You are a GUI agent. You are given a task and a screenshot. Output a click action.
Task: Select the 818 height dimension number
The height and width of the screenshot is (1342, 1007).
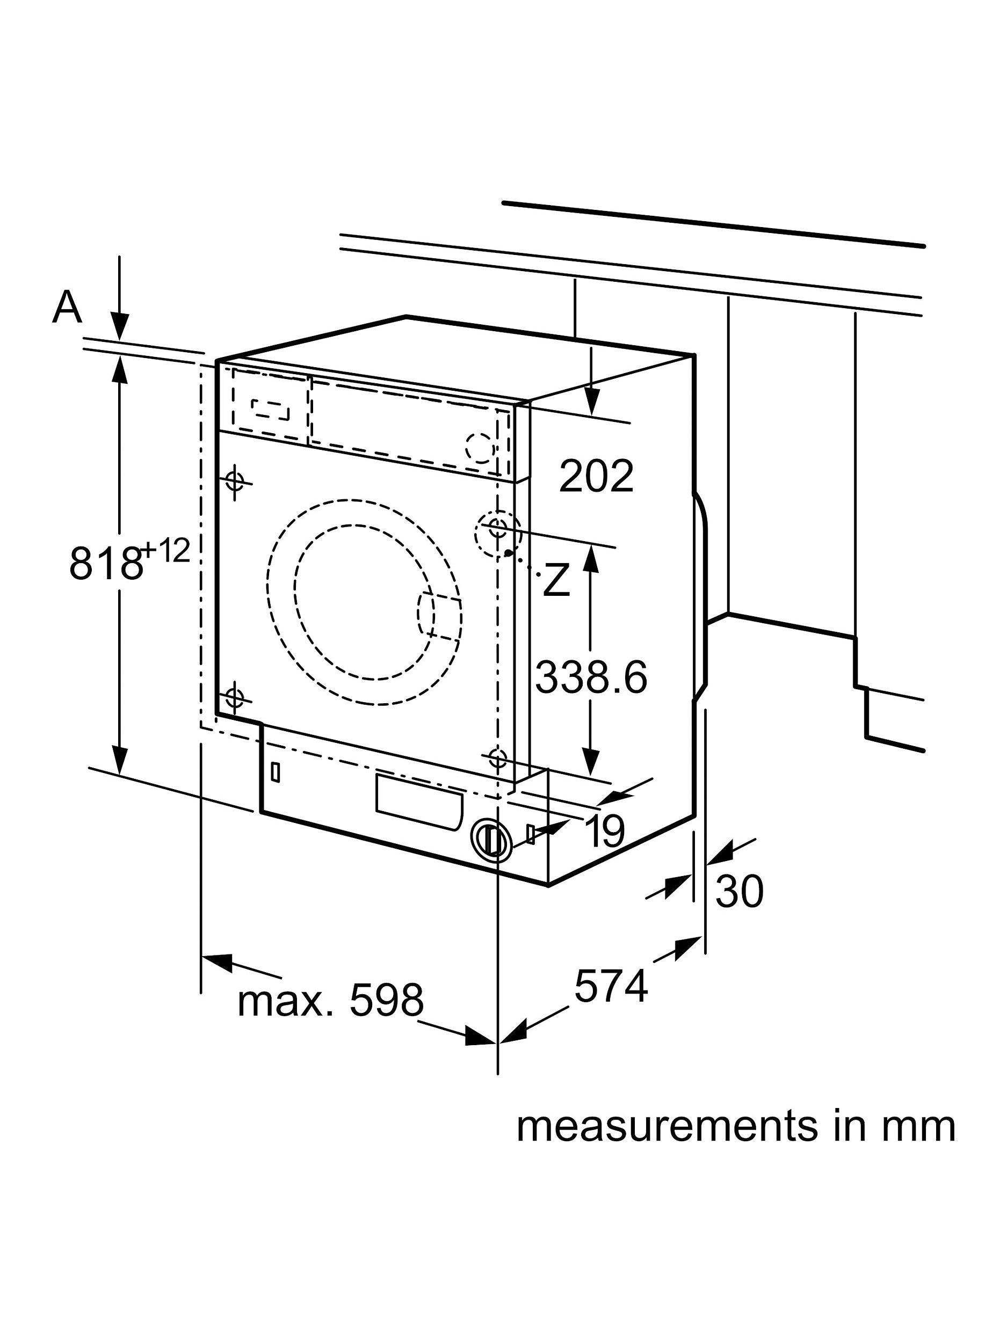point(104,563)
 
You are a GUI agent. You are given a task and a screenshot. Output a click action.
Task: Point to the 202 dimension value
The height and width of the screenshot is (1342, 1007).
point(596,476)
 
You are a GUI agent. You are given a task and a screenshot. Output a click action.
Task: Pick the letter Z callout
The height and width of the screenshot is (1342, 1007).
point(556,579)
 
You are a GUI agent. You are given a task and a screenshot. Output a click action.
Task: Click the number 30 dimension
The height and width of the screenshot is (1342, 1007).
point(738,891)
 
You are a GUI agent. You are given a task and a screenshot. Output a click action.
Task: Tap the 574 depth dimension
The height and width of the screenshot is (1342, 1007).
point(611,987)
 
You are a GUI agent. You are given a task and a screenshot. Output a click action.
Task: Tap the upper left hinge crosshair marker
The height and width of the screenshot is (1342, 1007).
point(234,483)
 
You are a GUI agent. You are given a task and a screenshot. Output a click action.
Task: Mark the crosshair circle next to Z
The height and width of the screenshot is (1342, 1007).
point(498,527)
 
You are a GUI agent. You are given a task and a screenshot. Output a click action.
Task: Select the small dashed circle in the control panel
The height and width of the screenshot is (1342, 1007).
point(480,447)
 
